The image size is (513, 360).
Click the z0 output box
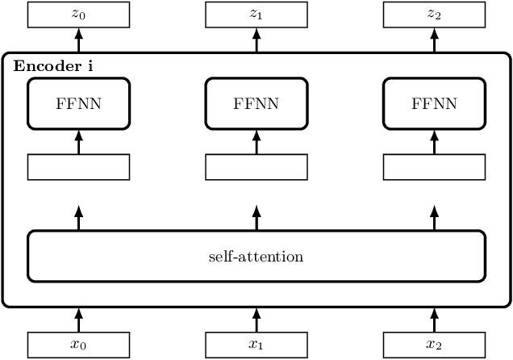[78, 13]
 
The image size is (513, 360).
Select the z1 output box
[256, 13]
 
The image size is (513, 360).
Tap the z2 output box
[433, 13]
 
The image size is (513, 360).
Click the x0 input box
[78, 345]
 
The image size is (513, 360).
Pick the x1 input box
[256, 345]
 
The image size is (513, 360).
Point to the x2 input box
[433, 345]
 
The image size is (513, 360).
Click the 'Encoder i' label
[52, 65]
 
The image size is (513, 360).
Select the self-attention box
[256, 257]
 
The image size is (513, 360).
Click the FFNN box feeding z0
[78, 103]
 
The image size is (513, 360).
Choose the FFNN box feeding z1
[256, 103]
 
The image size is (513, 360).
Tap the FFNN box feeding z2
[433, 103]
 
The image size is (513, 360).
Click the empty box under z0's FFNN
[78, 166]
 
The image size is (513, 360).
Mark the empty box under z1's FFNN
[256, 166]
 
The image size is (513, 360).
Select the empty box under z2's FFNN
[433, 166]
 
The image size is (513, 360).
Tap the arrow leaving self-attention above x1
[256, 217]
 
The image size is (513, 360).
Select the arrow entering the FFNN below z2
[433, 141]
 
